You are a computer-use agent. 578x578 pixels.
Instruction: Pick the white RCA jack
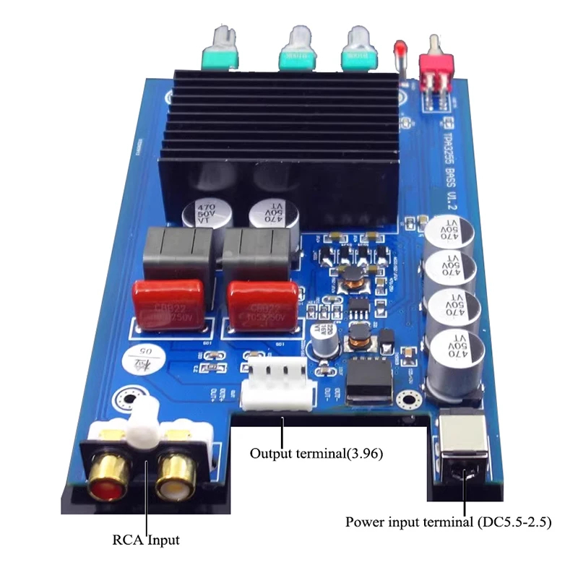tap(178, 478)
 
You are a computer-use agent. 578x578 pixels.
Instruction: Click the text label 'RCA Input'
tap(145, 539)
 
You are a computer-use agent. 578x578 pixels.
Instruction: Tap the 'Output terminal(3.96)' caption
tap(316, 454)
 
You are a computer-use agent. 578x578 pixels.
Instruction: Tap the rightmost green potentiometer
tap(358, 51)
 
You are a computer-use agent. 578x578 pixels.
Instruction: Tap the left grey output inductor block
tap(180, 253)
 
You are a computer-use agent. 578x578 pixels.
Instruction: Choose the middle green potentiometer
tap(298, 51)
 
